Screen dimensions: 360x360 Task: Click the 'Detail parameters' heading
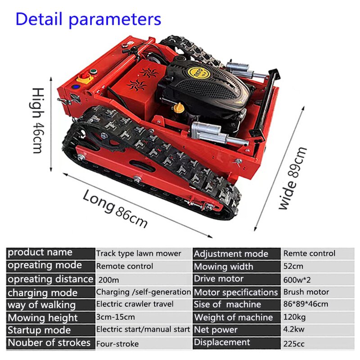point(88,19)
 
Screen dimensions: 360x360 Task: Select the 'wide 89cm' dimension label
point(293,178)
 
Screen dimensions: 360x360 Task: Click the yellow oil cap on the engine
point(179,108)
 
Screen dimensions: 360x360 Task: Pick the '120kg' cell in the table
point(294,317)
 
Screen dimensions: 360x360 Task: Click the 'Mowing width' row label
point(224,266)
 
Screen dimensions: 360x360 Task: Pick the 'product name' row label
point(40,252)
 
